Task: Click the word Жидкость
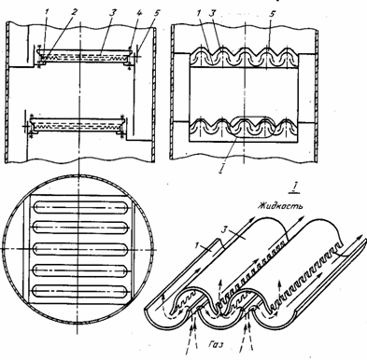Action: [x=280, y=206]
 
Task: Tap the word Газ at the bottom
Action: [x=216, y=345]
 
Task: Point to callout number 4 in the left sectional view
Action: [x=131, y=13]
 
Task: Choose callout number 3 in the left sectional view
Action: [x=112, y=13]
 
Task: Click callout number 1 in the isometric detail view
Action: [x=197, y=245]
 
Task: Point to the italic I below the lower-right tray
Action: [x=221, y=169]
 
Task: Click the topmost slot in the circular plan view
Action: [x=80, y=207]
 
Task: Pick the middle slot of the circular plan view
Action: [x=80, y=249]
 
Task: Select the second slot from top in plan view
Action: [x=80, y=228]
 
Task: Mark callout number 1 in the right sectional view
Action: [x=199, y=13]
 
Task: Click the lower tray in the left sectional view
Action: [x=75, y=124]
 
